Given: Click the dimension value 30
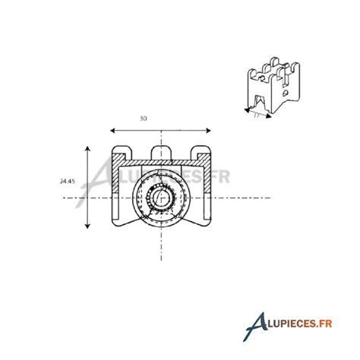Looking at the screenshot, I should point(144,119).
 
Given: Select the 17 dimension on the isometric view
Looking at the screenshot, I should point(257,115).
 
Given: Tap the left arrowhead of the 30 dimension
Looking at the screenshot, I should point(112,130).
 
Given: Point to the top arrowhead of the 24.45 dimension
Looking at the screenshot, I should point(90,149).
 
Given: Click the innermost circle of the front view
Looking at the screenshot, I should point(161,198).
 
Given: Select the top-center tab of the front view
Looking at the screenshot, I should point(161,150).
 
